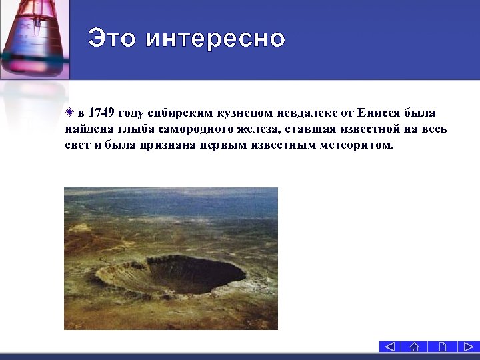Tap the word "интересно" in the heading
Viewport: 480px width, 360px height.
pos(215,38)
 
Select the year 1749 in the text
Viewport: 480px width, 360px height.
pos(101,112)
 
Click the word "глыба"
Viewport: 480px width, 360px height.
pos(137,129)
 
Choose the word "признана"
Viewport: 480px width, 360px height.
pos(167,145)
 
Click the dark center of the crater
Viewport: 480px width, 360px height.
pos(197,273)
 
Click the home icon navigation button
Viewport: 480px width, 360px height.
pos(415,347)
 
